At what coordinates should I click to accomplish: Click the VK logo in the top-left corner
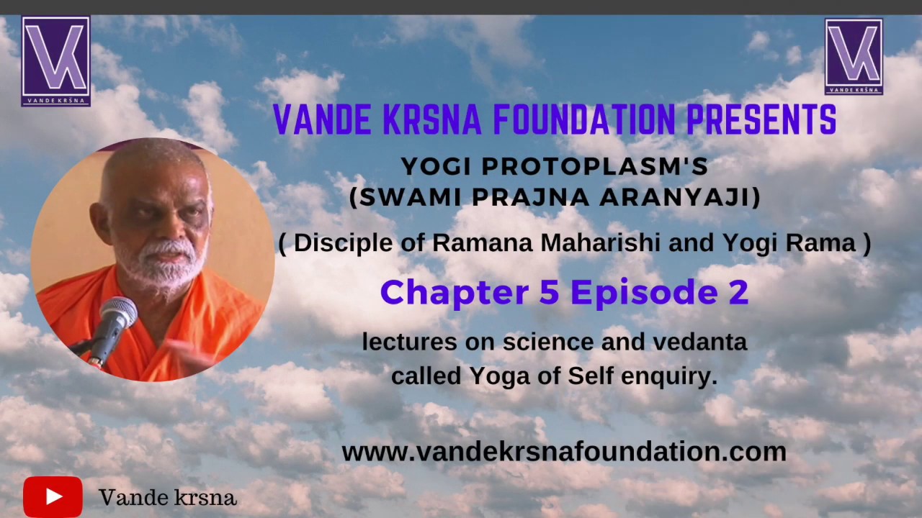pos(55,61)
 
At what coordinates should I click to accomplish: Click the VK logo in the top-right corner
pos(854,57)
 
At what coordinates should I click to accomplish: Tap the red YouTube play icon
pos(53,496)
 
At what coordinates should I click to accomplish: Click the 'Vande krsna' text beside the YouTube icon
pos(167,497)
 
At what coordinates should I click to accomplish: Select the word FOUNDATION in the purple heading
pos(584,120)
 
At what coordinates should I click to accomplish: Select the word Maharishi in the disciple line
pos(601,243)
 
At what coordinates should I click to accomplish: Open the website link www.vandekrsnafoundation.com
pos(563,452)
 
